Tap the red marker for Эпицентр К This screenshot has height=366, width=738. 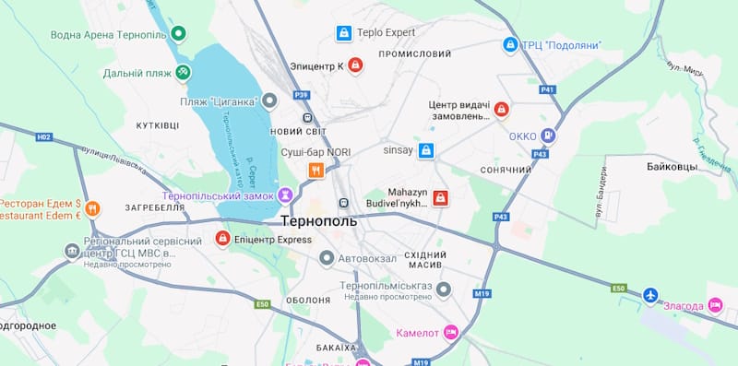pos(355,65)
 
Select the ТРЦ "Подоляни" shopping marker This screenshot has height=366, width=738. pos(510,44)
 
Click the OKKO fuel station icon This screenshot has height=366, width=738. pos(549,136)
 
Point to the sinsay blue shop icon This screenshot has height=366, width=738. pos(425,150)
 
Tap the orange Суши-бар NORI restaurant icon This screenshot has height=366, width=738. pos(315,170)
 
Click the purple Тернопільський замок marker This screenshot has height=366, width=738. pos(286,195)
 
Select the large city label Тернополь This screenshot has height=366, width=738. pos(318,222)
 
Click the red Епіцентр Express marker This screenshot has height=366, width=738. pos(222,239)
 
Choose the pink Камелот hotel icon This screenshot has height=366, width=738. pos(450,332)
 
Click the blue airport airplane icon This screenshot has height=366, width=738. pos(652,296)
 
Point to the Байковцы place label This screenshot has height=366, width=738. pos(666,170)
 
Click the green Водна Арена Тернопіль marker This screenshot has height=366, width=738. pos(180,34)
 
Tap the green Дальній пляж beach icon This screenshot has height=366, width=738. pos(184,72)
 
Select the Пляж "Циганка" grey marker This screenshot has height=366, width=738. pos(269,100)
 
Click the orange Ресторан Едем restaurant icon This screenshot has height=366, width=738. pos(92,209)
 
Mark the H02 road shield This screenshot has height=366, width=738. pos(43,136)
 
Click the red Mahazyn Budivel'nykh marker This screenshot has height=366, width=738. pos(441,198)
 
